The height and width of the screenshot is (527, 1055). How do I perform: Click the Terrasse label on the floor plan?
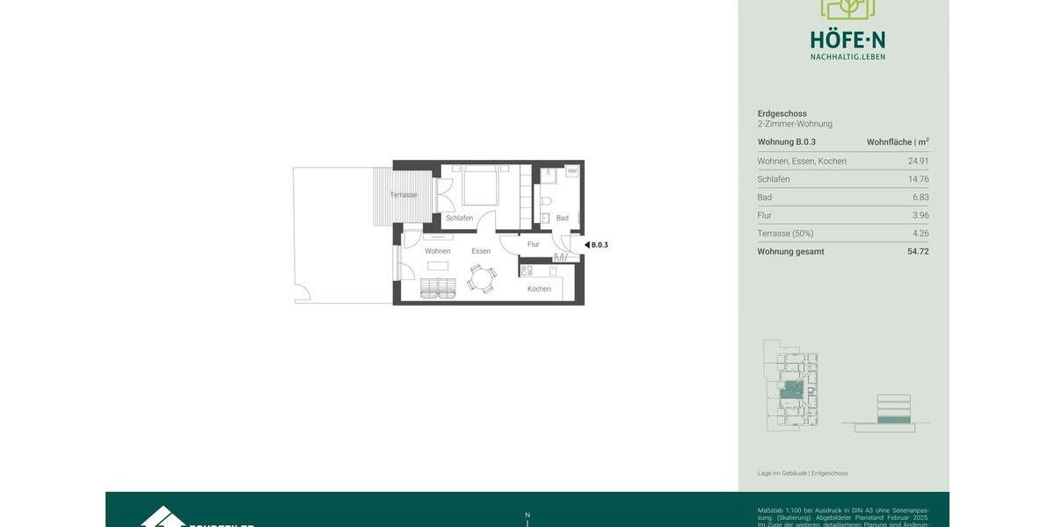[404, 195]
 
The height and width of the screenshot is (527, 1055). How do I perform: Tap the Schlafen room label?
[459, 218]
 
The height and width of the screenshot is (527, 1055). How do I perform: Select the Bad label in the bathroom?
[562, 218]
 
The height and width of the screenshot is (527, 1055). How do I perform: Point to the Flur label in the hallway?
[533, 244]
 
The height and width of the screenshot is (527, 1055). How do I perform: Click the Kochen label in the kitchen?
[539, 289]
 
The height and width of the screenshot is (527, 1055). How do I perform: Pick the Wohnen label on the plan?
[437, 251]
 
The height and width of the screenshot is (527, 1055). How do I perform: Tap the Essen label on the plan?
[481, 251]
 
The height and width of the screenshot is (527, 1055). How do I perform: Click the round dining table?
[481, 279]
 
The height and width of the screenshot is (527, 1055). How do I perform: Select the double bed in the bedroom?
[480, 185]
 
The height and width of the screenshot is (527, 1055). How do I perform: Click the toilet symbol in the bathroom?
[545, 201]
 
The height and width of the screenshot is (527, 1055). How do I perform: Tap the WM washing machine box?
[571, 170]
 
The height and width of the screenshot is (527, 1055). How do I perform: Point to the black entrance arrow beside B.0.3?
[586, 245]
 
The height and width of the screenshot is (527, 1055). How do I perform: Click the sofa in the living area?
[437, 286]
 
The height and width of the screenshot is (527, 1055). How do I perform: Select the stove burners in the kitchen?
[527, 271]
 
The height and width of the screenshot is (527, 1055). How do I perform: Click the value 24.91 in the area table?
[918, 161]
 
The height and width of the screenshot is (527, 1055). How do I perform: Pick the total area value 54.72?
[918, 251]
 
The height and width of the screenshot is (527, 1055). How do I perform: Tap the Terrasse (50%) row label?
[785, 234]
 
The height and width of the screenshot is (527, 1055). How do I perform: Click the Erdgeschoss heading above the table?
[782, 113]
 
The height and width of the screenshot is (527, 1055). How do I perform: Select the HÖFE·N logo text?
[848, 40]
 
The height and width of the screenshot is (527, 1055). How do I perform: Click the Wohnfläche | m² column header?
[897, 141]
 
